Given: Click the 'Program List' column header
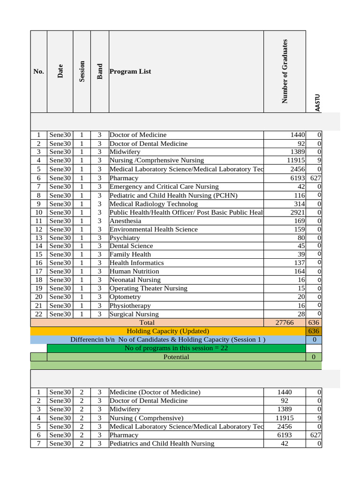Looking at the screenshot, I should pos(130,72).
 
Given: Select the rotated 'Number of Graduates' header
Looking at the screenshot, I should pos(285,71).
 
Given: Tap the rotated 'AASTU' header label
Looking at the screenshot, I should pos(318,103).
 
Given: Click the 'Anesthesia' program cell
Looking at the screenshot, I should pos(125,221).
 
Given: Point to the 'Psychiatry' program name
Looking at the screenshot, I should pos(125,238).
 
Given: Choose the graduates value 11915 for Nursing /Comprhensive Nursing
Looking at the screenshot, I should pos(294,160).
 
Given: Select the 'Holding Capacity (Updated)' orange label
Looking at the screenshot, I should pos(168,331).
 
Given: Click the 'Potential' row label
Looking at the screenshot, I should pos(176,357).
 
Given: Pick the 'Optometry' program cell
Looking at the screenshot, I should pos(125,297).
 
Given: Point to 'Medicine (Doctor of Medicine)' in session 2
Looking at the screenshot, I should pos(155,392).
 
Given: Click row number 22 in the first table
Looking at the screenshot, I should pos(39,314).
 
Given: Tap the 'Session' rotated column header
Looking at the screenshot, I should pos(82,72).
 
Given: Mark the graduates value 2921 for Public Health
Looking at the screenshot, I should pos(296,212).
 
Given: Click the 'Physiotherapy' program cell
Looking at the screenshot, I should pos(130,305).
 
